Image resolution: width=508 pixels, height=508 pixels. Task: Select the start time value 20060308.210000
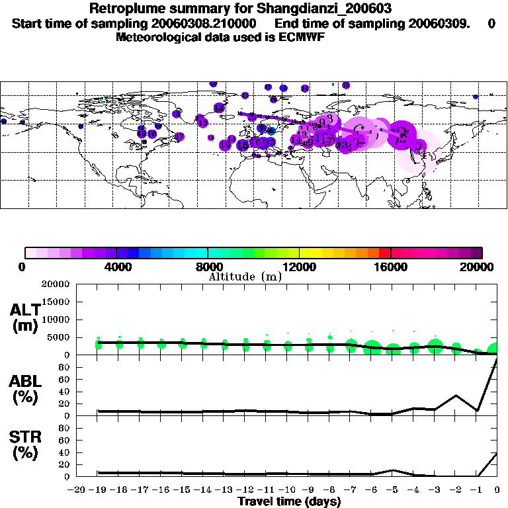click(212, 23)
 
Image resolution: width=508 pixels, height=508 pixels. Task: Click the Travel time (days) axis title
click(289, 502)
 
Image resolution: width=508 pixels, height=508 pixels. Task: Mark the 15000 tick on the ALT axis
click(55, 302)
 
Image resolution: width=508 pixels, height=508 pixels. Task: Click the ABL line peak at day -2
click(456, 396)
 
